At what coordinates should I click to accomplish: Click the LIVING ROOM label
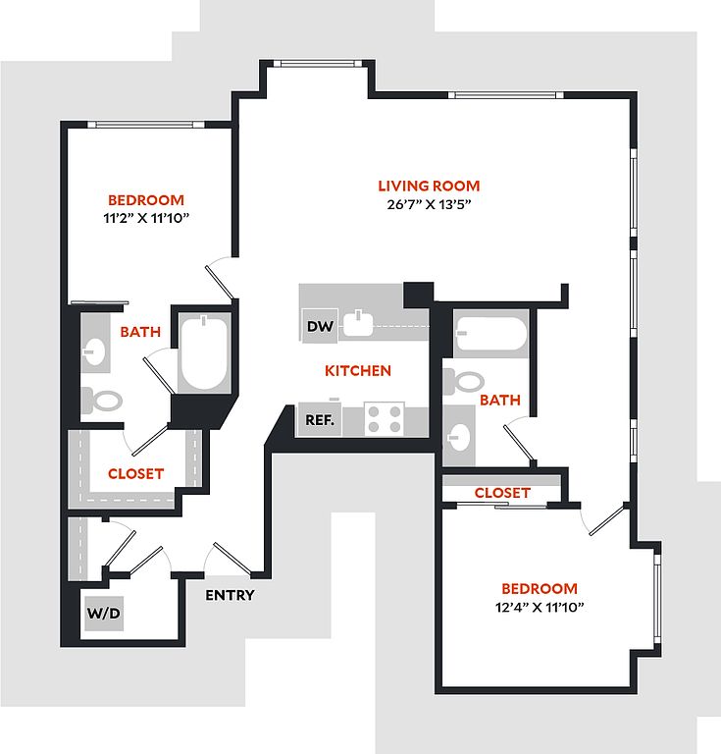click(429, 186)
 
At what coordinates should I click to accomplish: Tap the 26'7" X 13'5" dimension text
click(429, 205)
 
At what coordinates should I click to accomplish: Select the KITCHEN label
click(358, 370)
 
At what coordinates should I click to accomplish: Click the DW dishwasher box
click(320, 327)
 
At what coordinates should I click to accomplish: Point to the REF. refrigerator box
click(320, 420)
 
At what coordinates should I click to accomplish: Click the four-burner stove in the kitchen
click(385, 420)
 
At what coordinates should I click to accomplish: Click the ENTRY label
click(230, 595)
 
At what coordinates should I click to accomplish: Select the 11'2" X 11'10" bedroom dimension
click(146, 218)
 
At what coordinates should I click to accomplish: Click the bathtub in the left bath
click(203, 352)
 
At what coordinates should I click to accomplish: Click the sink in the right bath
click(457, 432)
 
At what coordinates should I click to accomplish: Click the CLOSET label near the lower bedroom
click(502, 492)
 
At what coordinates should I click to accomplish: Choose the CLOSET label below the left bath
click(135, 473)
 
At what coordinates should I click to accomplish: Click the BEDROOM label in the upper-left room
click(146, 198)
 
